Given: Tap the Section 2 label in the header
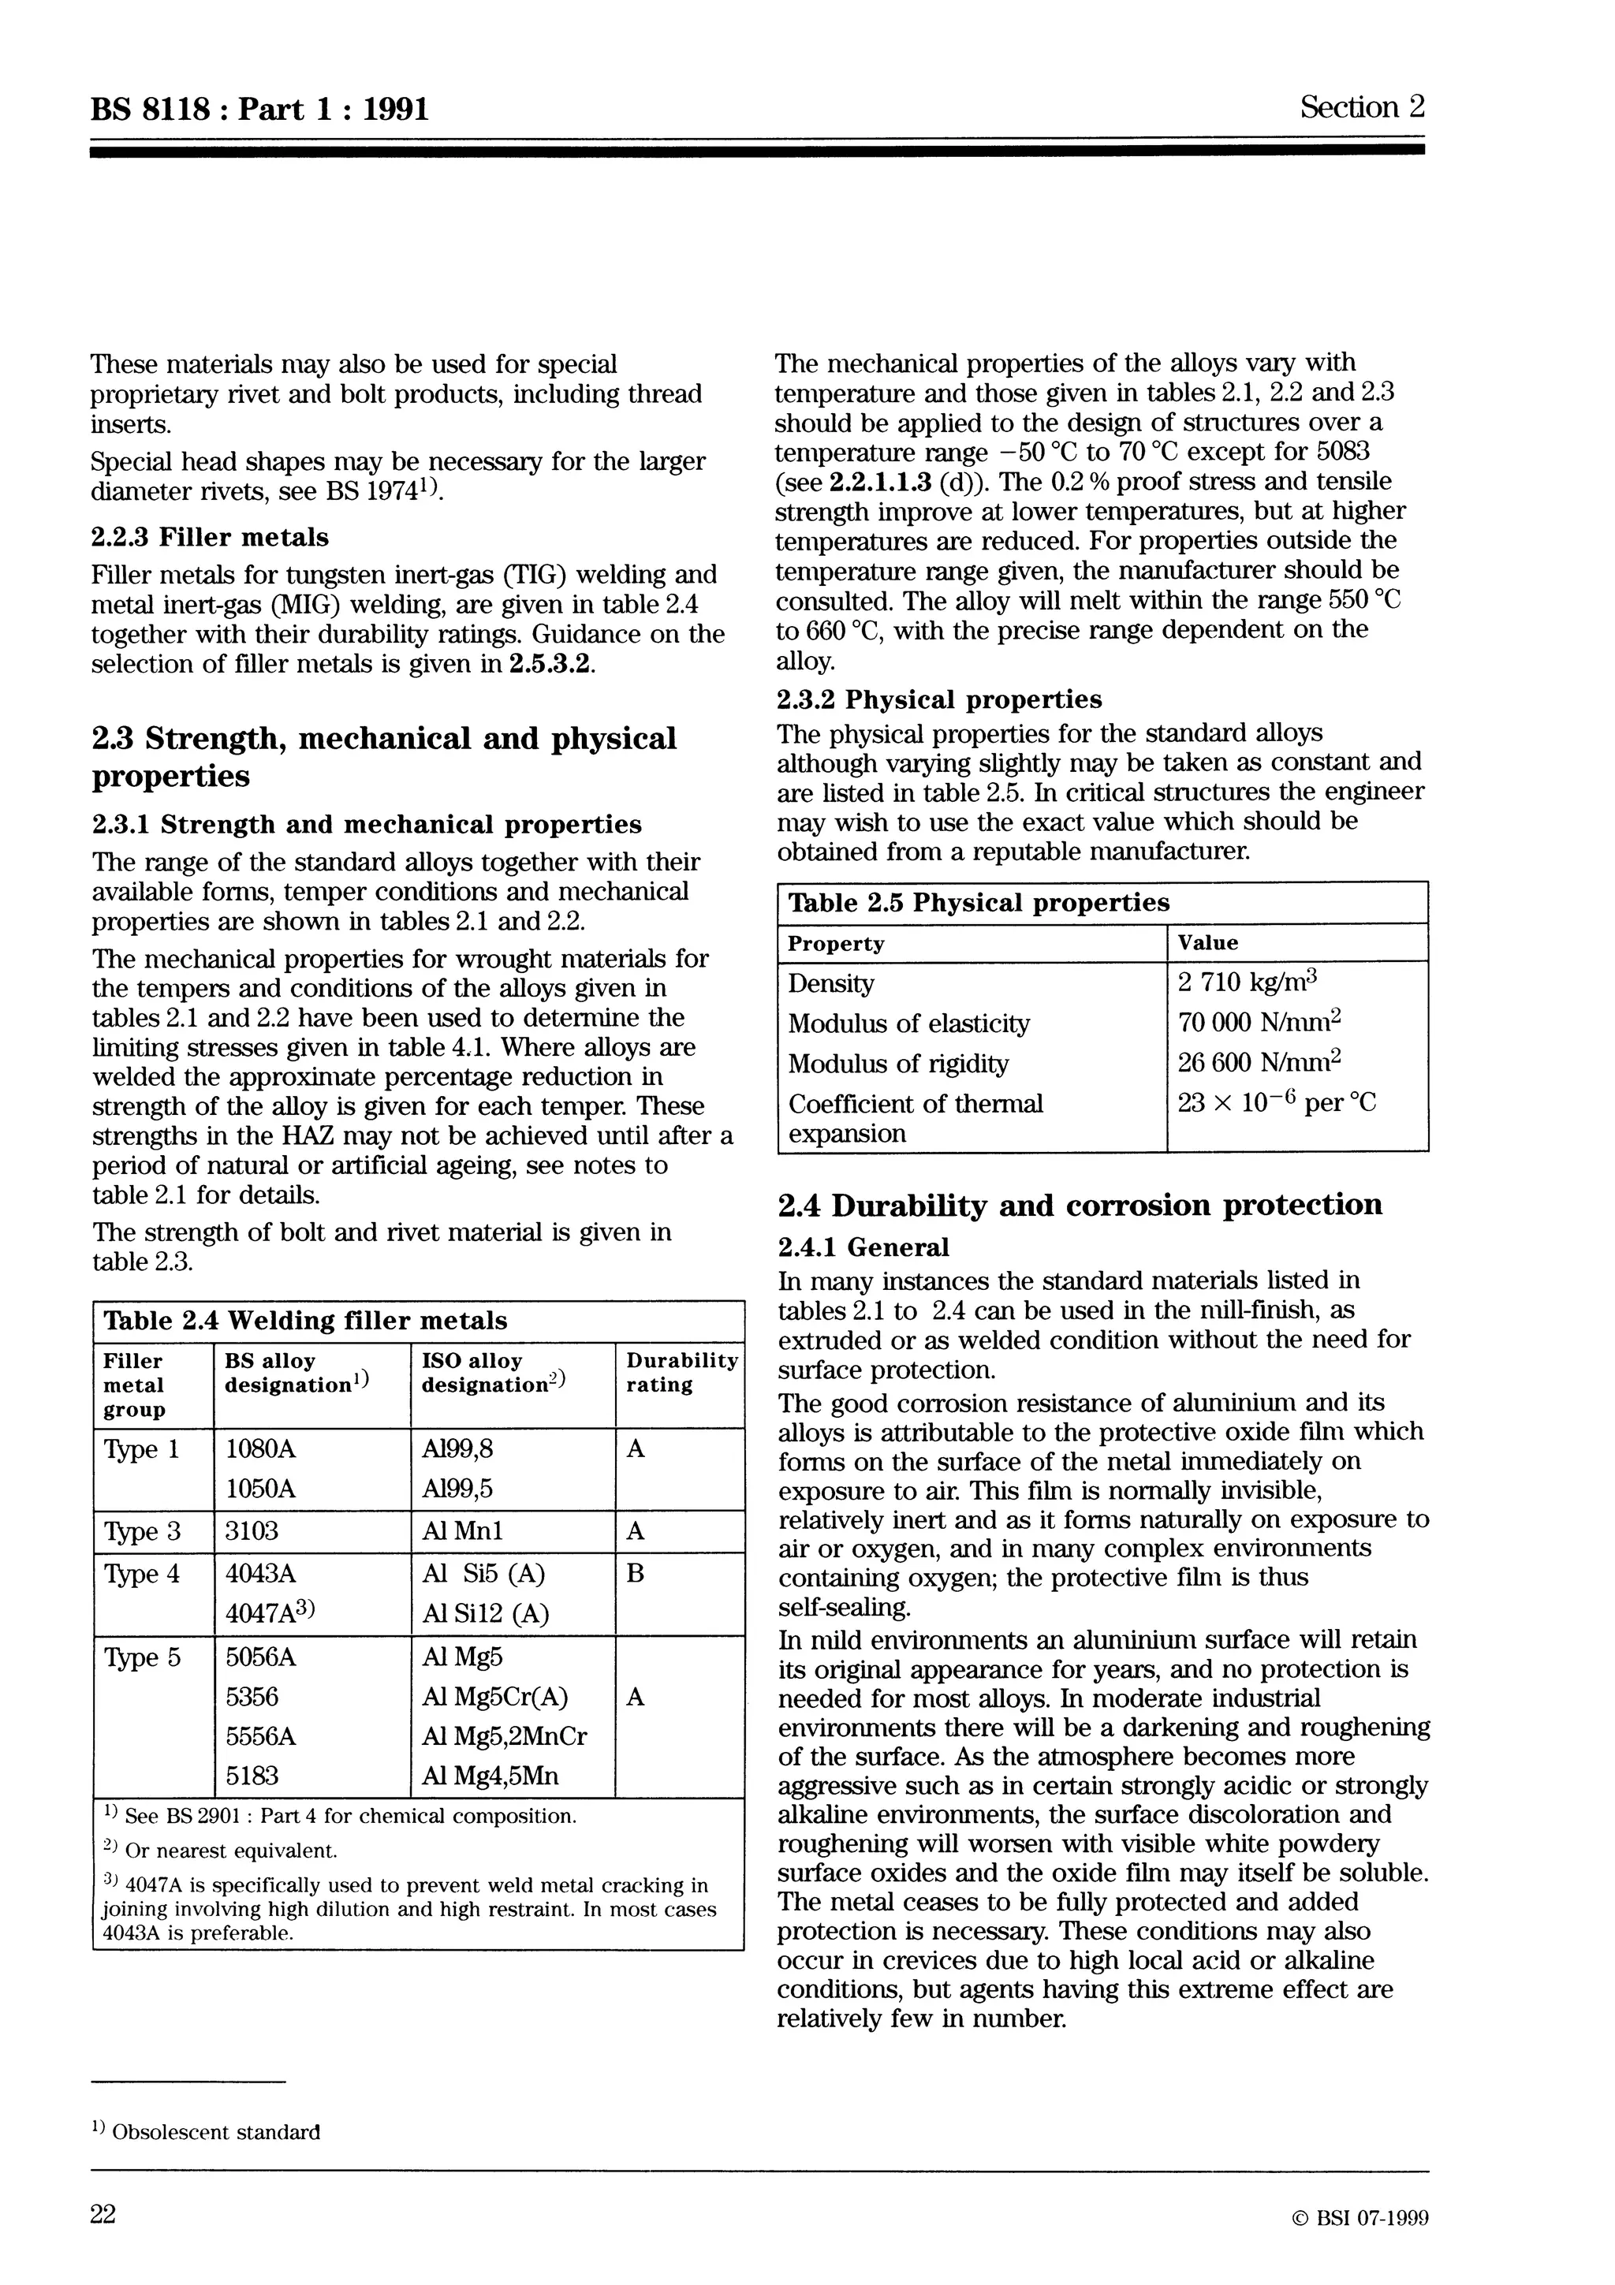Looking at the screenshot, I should (x=1361, y=106).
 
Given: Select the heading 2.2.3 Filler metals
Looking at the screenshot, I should (x=209, y=538).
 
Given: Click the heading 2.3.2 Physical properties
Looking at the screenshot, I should (x=938, y=699).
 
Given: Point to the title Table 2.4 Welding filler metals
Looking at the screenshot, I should (x=305, y=1321).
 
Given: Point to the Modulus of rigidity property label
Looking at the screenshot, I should (x=897, y=1064).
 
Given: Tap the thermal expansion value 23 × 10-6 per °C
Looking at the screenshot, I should (x=1277, y=1103).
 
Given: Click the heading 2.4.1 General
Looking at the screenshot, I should (x=863, y=1247).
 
